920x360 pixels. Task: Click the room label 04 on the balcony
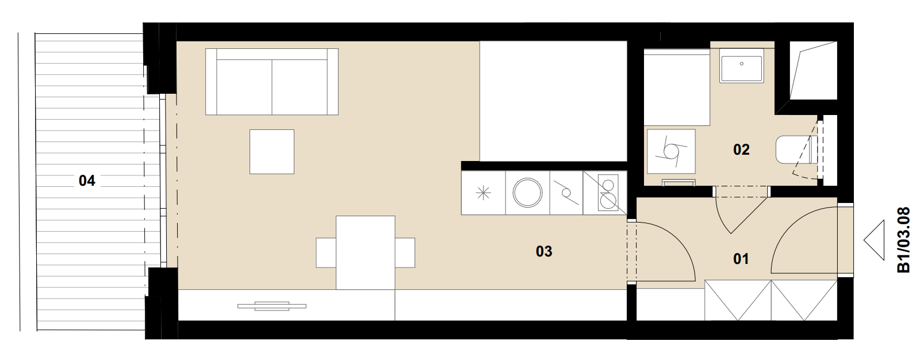pyautogui.click(x=87, y=181)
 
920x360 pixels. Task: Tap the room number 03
pyautogui.click(x=544, y=251)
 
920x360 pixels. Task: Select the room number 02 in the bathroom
pyautogui.click(x=741, y=150)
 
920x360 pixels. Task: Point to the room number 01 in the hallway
pyautogui.click(x=741, y=258)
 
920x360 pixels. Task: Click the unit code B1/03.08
pyautogui.click(x=903, y=240)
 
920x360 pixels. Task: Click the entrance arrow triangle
pyautogui.click(x=874, y=240)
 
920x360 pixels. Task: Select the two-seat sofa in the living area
pyautogui.click(x=272, y=82)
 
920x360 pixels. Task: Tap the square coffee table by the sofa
pyautogui.click(x=272, y=152)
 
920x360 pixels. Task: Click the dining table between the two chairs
pyautogui.click(x=366, y=252)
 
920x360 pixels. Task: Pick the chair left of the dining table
pyautogui.click(x=326, y=252)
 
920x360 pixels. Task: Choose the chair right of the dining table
pyautogui.click(x=405, y=252)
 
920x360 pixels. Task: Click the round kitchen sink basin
pyautogui.click(x=527, y=192)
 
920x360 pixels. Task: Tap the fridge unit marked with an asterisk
pyautogui.click(x=484, y=193)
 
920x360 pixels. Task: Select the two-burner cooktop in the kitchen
pyautogui.click(x=608, y=193)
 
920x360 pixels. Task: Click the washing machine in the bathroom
pyautogui.click(x=671, y=151)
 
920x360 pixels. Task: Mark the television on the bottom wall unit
pyautogui.click(x=272, y=306)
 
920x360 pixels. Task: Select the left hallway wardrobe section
pyautogui.click(x=738, y=300)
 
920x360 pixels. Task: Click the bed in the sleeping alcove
pyautogui.click(x=553, y=101)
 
